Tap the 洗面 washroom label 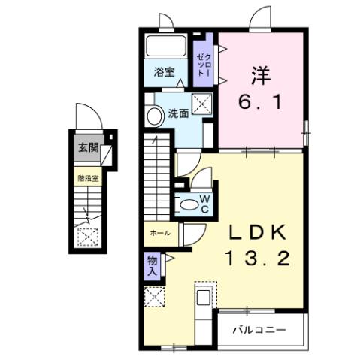tap(178, 114)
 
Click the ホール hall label tap(159, 233)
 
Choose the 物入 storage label tap(153, 265)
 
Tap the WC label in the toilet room tap(203, 204)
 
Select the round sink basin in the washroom tap(155, 116)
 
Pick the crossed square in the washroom tap(201, 104)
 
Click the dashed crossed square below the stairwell tap(88, 236)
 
